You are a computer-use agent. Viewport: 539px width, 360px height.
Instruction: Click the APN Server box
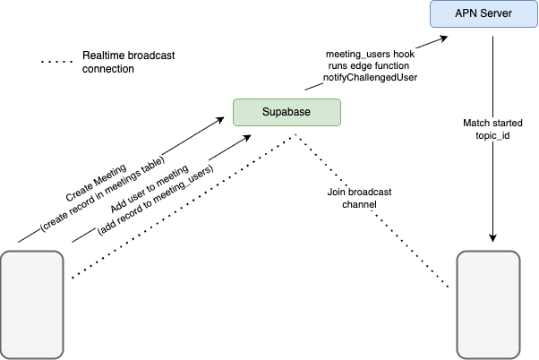(x=484, y=13)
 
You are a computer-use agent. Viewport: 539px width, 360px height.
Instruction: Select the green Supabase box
(x=287, y=112)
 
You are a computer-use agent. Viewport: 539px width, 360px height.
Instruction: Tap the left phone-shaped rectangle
(x=32, y=304)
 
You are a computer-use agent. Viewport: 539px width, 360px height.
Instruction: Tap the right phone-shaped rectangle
(x=488, y=304)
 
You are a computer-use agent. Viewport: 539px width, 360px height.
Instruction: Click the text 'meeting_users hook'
(x=370, y=55)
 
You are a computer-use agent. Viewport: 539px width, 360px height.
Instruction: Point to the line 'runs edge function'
(x=370, y=66)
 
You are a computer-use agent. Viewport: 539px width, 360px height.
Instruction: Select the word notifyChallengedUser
(x=370, y=78)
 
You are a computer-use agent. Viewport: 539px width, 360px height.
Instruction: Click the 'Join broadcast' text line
(x=359, y=192)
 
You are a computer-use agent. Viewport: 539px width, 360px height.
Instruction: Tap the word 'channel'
(x=359, y=204)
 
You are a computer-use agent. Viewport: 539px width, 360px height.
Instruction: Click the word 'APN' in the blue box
(x=464, y=13)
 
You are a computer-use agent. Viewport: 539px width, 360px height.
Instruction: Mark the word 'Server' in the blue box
(x=497, y=13)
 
